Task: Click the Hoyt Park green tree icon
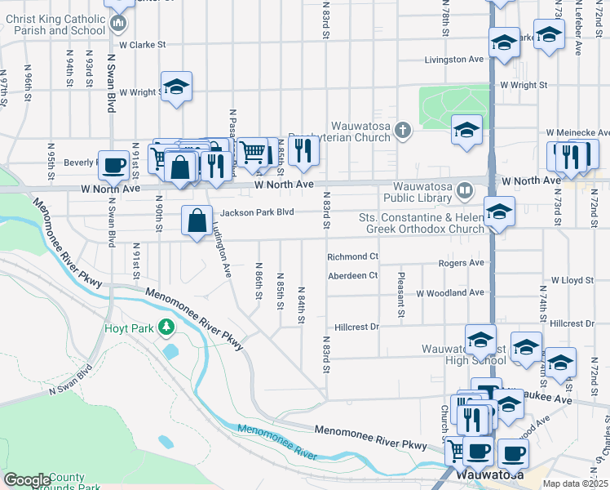(166, 327)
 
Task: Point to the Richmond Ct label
(352, 256)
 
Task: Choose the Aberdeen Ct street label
(352, 276)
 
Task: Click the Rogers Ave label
(461, 263)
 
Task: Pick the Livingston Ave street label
(454, 60)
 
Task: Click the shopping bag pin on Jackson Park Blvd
(197, 220)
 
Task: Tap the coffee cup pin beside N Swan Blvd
(113, 166)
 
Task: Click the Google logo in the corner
(27, 480)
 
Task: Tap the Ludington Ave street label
(220, 238)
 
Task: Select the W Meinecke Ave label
(578, 131)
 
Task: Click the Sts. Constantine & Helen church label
(422, 223)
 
